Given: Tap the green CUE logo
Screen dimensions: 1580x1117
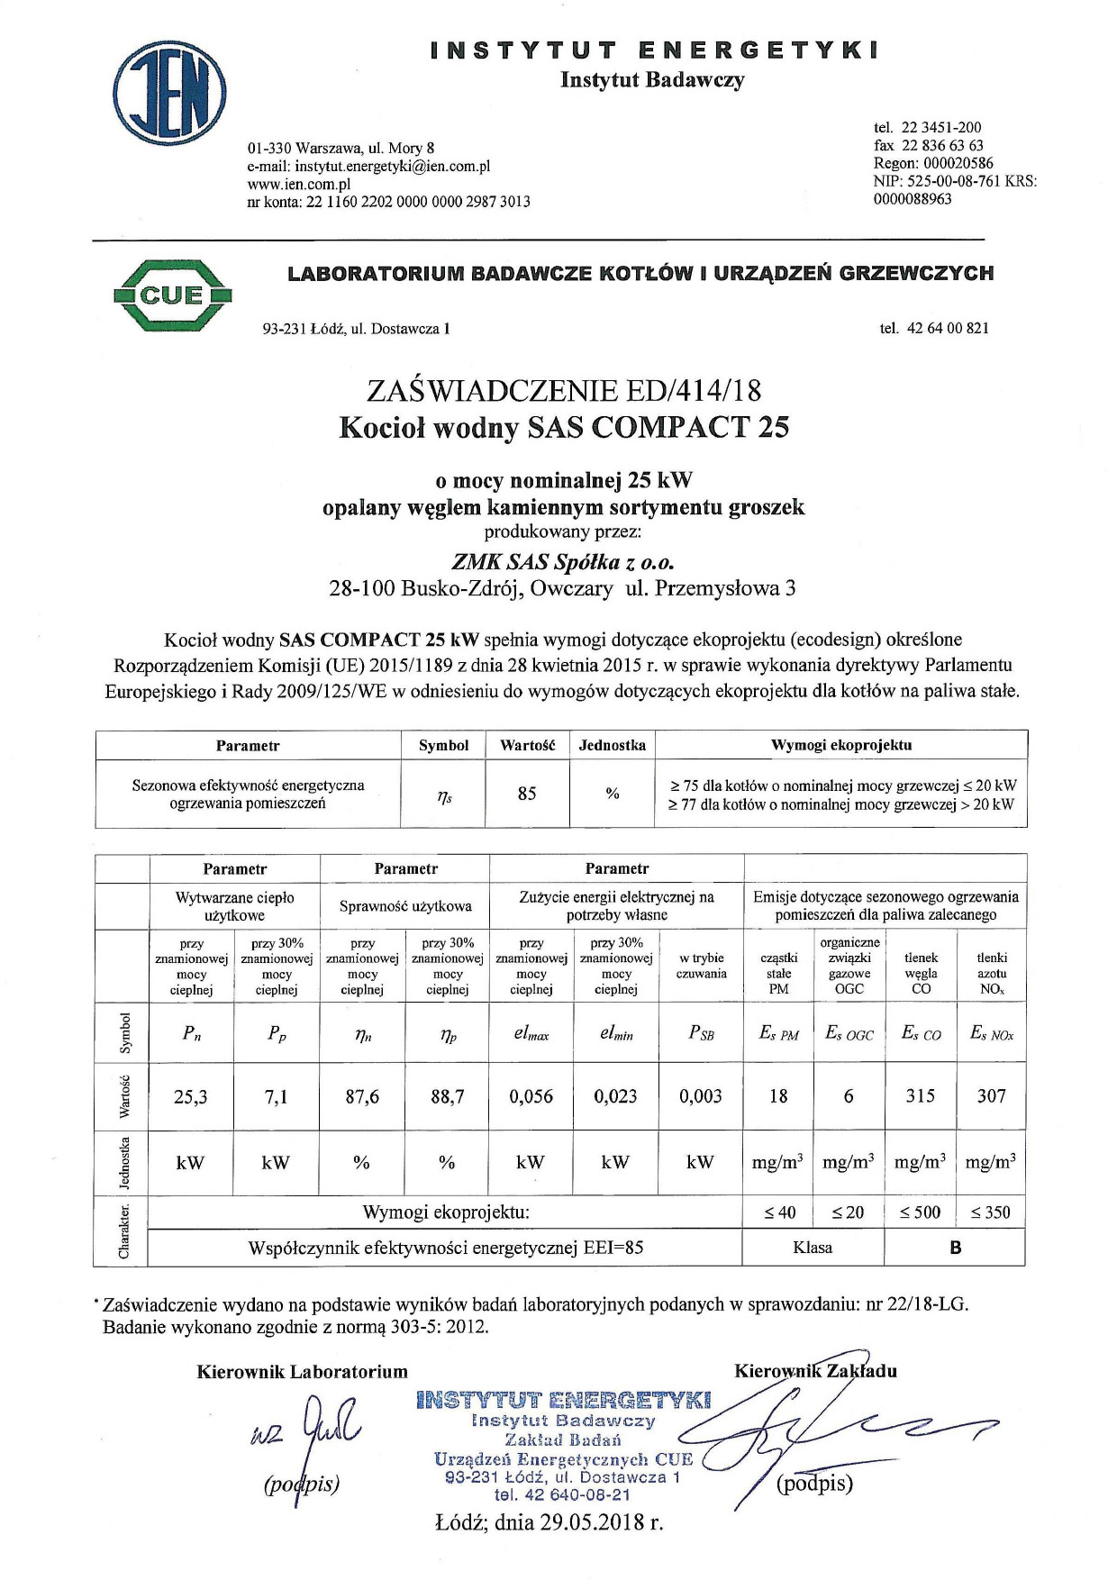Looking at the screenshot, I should (173, 295).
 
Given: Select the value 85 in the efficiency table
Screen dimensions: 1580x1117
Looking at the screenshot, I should (527, 794).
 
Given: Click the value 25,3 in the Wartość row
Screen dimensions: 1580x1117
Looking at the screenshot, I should (191, 1096).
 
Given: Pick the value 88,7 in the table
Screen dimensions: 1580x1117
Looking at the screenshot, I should (447, 1096).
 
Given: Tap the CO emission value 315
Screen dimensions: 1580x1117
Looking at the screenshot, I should (920, 1096).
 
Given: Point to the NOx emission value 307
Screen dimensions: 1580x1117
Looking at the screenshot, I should (991, 1096).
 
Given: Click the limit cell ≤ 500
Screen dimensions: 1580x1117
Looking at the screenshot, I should (920, 1212).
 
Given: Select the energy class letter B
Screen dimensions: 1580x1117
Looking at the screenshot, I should (955, 1248).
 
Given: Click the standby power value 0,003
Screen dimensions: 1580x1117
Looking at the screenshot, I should (701, 1096).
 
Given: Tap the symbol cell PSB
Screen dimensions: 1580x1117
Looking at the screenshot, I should (701, 1034).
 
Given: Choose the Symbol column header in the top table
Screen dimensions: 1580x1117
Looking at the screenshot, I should (443, 746).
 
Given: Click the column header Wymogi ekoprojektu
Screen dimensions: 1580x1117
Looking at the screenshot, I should (841, 745).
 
